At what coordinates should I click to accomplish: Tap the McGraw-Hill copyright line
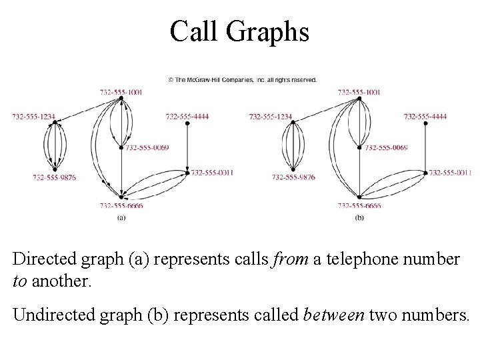click(x=242, y=79)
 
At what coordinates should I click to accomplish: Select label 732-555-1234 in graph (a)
click(x=33, y=117)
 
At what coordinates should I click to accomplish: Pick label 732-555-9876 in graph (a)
click(x=54, y=177)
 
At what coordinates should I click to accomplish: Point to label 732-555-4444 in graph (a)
click(x=187, y=117)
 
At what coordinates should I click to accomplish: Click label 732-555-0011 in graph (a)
click(x=212, y=172)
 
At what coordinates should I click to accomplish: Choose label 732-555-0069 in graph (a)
click(x=147, y=147)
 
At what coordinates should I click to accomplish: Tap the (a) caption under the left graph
click(x=122, y=217)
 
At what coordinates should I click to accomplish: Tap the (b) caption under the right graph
click(x=359, y=217)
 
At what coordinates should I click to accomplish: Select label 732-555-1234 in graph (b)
click(x=271, y=117)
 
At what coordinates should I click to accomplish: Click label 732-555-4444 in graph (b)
click(x=425, y=117)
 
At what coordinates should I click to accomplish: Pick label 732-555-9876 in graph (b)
click(x=293, y=177)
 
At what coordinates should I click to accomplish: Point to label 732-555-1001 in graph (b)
click(x=359, y=92)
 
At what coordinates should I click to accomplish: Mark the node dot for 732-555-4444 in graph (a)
click(x=187, y=123)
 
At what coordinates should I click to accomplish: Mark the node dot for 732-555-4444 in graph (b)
click(x=425, y=123)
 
